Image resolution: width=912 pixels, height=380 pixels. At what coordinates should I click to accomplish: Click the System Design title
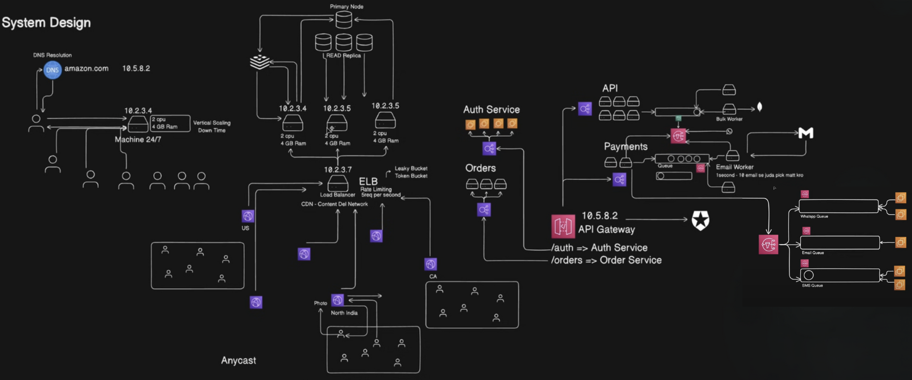46,22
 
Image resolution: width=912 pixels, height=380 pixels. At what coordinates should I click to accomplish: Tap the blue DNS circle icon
52,70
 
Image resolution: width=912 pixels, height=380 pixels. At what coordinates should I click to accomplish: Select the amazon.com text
86,68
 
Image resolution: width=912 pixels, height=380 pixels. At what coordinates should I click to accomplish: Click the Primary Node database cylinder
344,20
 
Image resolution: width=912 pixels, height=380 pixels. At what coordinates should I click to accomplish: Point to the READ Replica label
344,56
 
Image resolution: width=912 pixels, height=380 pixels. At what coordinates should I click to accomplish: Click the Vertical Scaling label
212,123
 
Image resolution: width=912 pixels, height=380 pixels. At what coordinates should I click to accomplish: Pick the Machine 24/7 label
138,140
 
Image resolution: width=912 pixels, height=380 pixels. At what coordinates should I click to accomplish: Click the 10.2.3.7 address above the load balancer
338,170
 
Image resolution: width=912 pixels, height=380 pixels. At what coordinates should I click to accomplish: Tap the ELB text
368,181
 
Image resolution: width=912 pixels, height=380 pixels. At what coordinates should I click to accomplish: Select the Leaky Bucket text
411,168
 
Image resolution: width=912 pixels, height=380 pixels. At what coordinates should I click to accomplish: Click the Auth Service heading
491,110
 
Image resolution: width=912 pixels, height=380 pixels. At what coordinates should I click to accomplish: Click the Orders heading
480,168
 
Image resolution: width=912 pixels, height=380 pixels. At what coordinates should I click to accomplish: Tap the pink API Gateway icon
563,226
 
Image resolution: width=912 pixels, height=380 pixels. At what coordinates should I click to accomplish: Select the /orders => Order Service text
606,260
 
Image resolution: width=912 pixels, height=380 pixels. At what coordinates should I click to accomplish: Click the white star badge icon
701,220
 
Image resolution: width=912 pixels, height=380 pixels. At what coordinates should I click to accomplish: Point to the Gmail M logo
806,133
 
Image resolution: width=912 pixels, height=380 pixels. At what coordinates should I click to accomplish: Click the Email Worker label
735,167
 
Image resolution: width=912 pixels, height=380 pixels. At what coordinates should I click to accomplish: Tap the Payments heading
625,147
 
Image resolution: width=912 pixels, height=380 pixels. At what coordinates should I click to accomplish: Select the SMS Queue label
812,285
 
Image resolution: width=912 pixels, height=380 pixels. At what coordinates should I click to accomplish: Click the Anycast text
239,361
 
